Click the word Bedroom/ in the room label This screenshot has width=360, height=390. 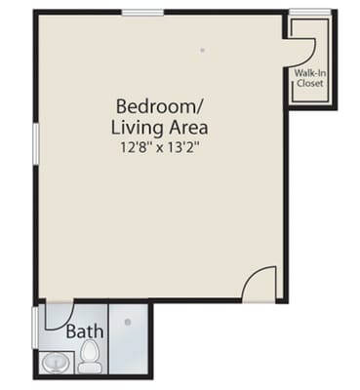149,105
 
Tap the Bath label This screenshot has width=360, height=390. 84,331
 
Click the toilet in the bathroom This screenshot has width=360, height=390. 91,357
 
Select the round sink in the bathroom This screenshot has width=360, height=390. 55,364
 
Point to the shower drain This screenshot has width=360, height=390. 127,323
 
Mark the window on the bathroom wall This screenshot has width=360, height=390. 36,327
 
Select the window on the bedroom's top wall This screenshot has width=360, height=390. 142,12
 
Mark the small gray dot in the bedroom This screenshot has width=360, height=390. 203,50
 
